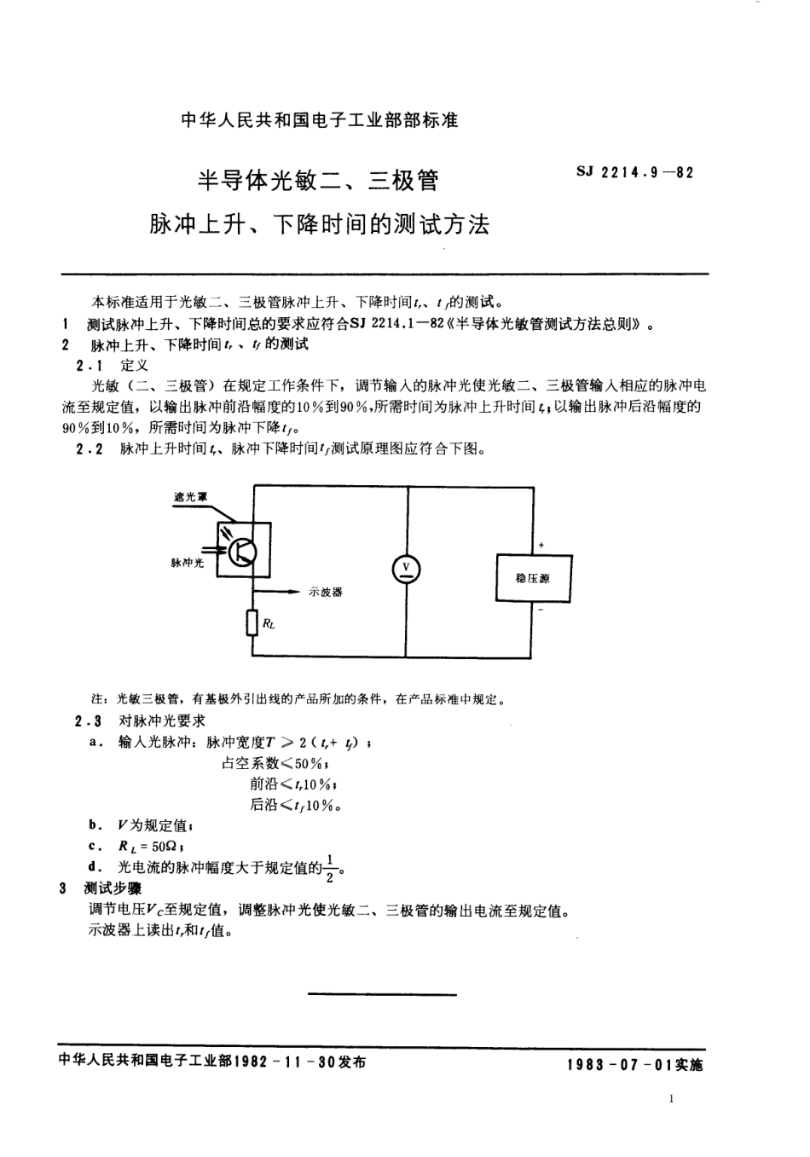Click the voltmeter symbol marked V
pyautogui.click(x=406, y=570)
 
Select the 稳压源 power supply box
pyautogui.click(x=533, y=578)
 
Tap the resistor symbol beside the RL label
pyautogui.click(x=252, y=623)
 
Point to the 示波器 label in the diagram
pyautogui.click(x=325, y=592)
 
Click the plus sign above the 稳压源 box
pyautogui.click(x=541, y=545)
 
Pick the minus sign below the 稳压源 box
pyautogui.click(x=541, y=610)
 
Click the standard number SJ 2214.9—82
pyautogui.click(x=636, y=172)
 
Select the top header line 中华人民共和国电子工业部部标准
pyautogui.click(x=320, y=120)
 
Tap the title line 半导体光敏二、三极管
pyautogui.click(x=319, y=181)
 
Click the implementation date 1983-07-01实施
pyautogui.click(x=634, y=1065)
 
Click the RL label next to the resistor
pyautogui.click(x=269, y=624)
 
